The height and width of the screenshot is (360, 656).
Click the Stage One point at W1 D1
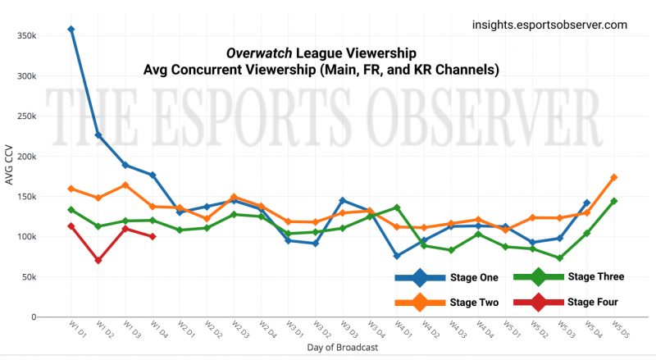pos(71,30)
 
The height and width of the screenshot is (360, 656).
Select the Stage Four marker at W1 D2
pos(98,260)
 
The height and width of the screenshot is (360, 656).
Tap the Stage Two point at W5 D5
pos(613,177)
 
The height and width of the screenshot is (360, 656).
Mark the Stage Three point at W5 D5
pos(613,201)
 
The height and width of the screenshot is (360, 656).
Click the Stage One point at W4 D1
pos(397,256)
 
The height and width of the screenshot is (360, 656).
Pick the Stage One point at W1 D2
pos(98,135)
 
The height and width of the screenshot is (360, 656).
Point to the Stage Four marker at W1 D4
pos(153,236)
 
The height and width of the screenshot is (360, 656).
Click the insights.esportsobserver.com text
pos(549,25)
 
